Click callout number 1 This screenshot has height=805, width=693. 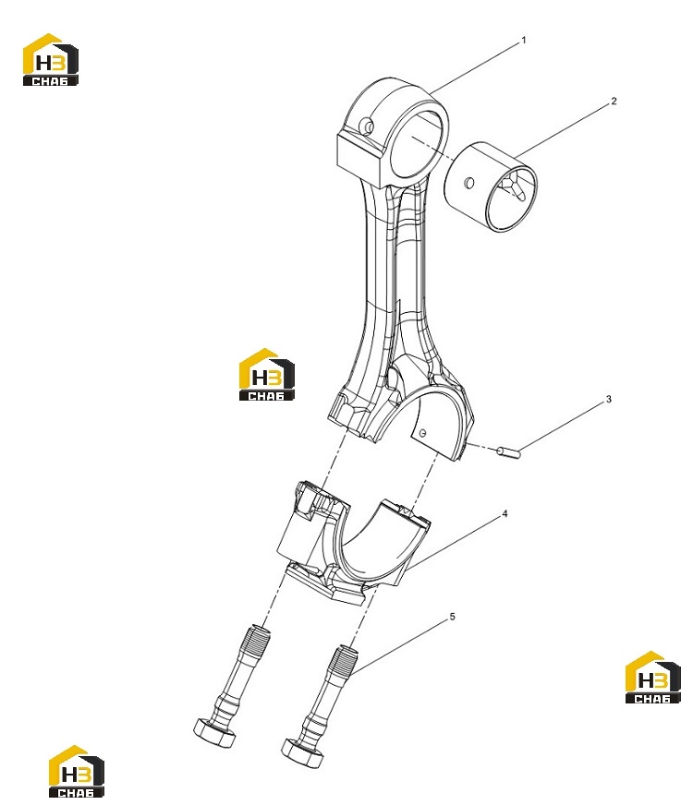click(524, 40)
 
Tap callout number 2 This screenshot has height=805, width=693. click(614, 102)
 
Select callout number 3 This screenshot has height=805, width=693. click(609, 399)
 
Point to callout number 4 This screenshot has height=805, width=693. click(505, 513)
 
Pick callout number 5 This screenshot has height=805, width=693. click(452, 616)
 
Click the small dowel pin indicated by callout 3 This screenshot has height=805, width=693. click(508, 451)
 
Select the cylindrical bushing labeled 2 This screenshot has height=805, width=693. click(491, 186)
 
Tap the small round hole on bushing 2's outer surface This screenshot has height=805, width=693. click(468, 182)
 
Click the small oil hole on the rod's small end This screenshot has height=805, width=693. click(366, 125)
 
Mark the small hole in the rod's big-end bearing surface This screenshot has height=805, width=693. click(423, 433)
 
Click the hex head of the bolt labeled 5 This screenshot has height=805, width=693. click(302, 752)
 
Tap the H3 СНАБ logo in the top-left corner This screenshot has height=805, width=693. click(50, 60)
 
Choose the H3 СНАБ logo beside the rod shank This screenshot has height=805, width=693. click(267, 374)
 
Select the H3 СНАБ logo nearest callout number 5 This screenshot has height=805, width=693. click(653, 678)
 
